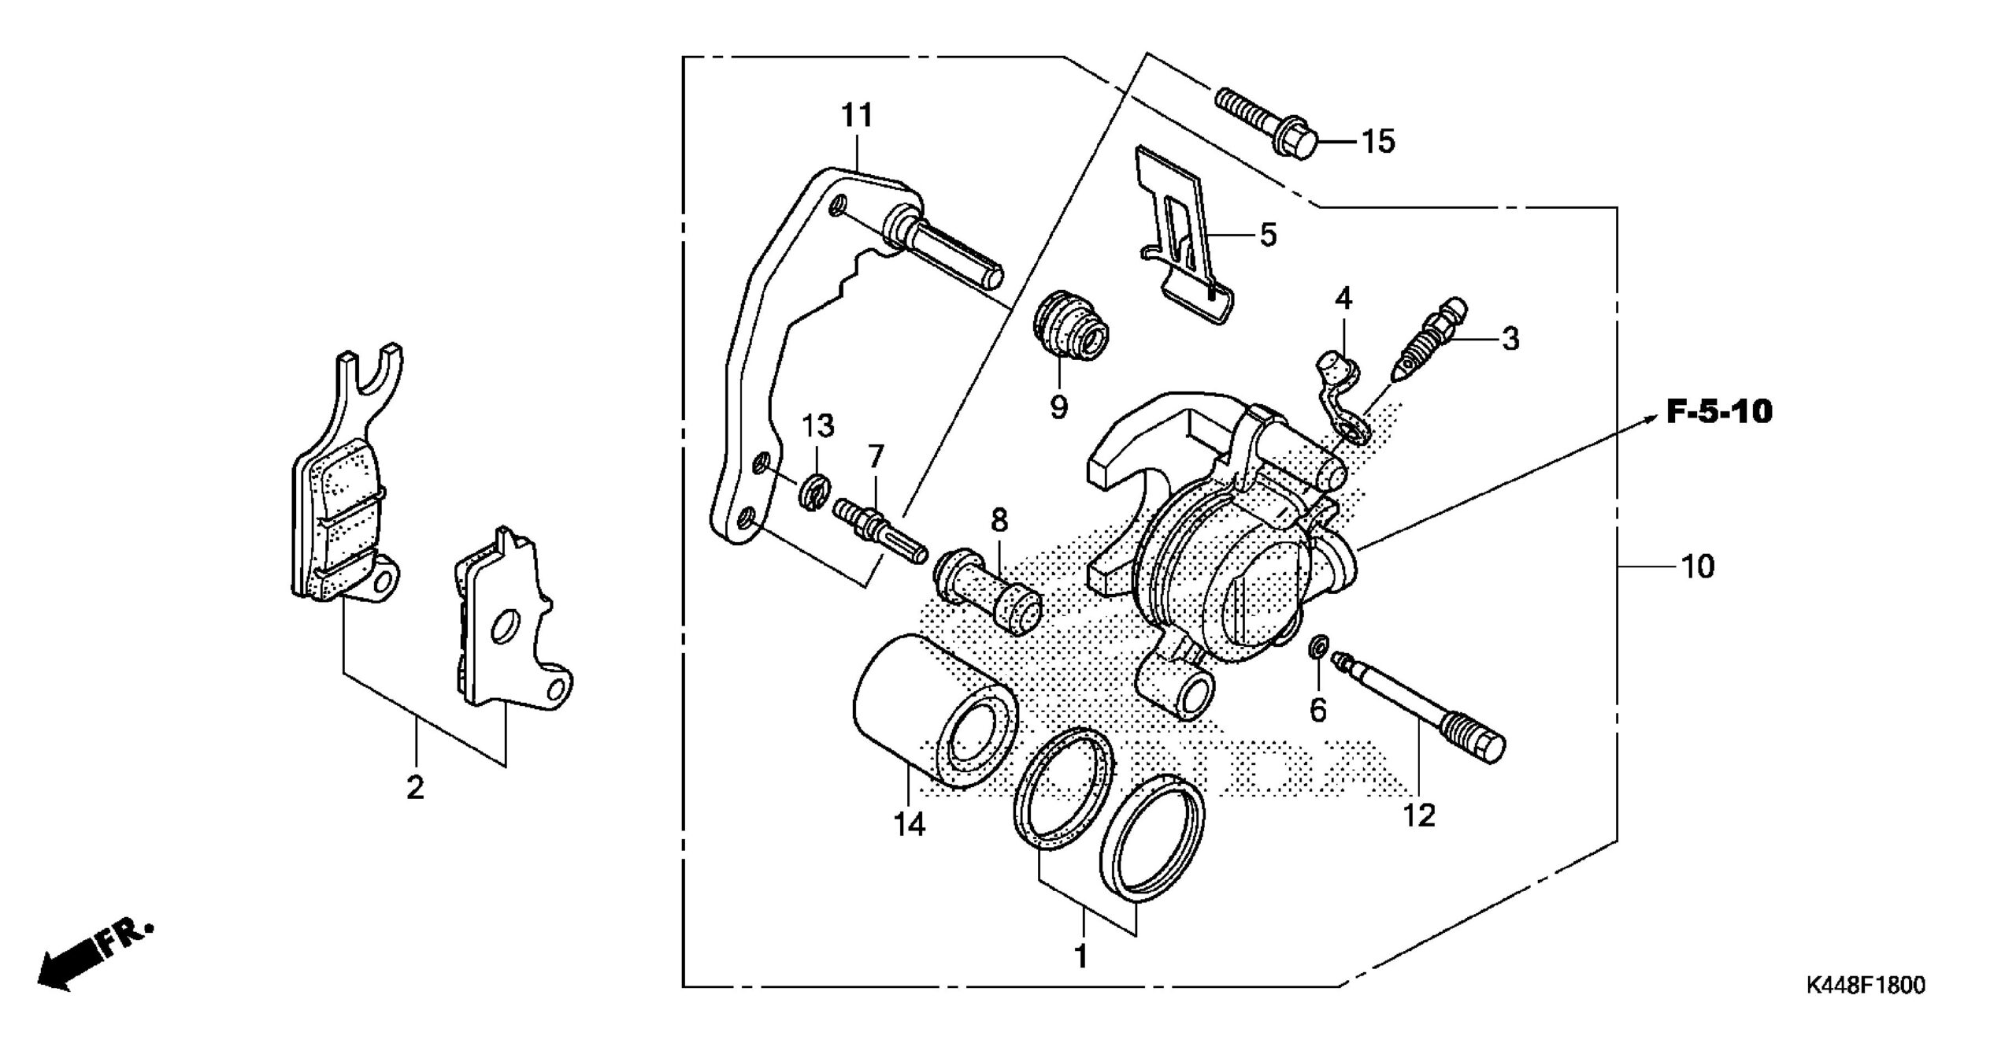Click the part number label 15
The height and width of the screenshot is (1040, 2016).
click(x=1378, y=143)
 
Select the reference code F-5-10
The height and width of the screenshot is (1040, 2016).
click(x=1719, y=413)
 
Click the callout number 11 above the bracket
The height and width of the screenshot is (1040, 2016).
click(x=857, y=117)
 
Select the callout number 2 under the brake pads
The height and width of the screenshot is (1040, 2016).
click(x=415, y=789)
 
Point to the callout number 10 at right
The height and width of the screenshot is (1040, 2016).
click(x=1698, y=566)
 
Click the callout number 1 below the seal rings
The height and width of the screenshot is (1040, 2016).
click(x=1081, y=957)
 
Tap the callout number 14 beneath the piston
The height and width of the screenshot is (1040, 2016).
click(x=910, y=824)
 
